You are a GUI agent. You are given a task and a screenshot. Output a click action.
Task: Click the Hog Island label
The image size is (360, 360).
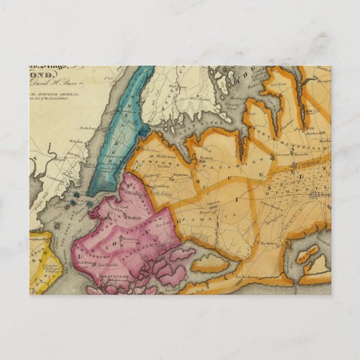coord(307,257)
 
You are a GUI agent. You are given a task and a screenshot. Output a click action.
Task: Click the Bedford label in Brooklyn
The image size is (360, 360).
coord(134,213)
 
